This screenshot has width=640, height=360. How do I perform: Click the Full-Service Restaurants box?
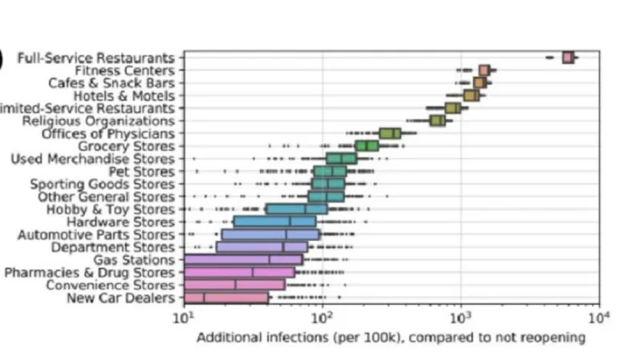click(568, 57)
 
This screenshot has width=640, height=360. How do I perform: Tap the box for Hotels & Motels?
click(471, 95)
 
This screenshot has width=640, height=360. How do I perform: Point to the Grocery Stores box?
click(367, 146)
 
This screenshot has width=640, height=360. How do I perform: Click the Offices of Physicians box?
click(390, 133)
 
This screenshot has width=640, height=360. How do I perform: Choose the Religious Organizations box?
click(438, 120)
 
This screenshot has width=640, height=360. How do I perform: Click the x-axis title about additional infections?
click(391, 338)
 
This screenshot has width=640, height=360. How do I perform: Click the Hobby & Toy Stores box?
click(297, 209)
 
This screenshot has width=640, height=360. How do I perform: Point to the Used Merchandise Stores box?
click(342, 158)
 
